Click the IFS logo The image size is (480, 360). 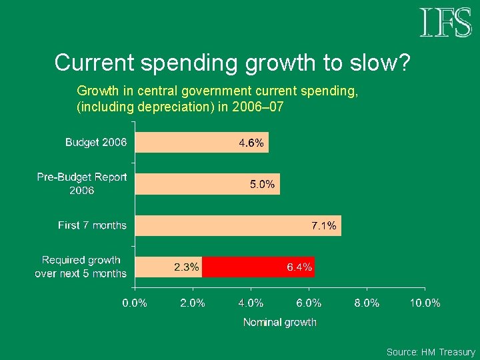[x=446, y=23]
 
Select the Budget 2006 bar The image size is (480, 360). [x=202, y=143]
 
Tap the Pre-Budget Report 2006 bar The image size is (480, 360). [x=207, y=184]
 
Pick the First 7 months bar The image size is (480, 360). [x=238, y=225]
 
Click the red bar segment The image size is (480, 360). [x=259, y=267]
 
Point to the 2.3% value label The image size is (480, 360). [x=187, y=267]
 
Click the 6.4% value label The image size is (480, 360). [x=299, y=267]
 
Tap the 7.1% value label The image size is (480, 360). [x=324, y=225]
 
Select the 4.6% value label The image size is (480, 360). [x=251, y=143]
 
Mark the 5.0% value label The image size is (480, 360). [x=263, y=184]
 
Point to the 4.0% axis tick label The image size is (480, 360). [x=251, y=303]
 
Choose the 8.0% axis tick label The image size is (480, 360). [x=367, y=303]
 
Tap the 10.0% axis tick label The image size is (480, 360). [x=425, y=303]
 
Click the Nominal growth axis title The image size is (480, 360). [x=280, y=323]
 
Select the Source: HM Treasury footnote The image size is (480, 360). [x=431, y=352]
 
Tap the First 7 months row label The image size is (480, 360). [x=92, y=225]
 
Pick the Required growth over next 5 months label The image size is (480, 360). [x=81, y=267]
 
